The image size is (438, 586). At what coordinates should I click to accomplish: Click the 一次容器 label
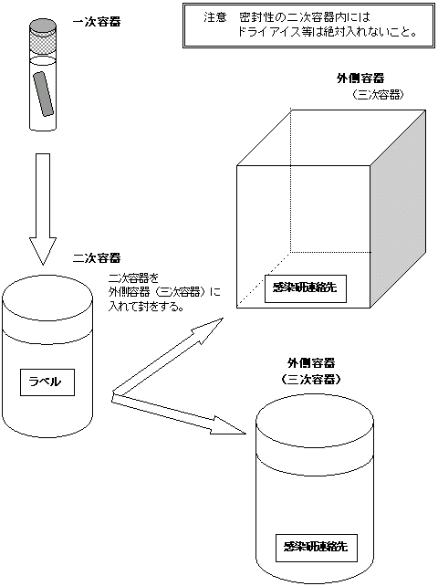click(x=97, y=22)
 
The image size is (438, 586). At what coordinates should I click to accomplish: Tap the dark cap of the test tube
click(x=44, y=27)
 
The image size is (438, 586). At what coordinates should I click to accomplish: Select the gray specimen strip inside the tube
click(x=44, y=93)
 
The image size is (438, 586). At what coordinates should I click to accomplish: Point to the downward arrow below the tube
click(x=43, y=209)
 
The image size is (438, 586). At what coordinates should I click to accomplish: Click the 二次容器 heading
click(x=97, y=258)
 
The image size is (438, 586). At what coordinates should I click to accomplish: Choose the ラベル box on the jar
click(x=47, y=382)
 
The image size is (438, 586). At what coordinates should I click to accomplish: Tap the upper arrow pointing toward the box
click(x=168, y=355)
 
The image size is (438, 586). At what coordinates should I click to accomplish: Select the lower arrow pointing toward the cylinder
click(x=179, y=414)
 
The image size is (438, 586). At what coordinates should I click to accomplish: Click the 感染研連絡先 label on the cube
click(x=306, y=288)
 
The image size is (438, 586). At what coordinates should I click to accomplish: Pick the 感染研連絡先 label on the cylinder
click(x=316, y=548)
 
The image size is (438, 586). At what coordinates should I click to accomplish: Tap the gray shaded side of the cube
click(x=398, y=208)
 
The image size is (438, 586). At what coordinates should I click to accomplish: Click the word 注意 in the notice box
click(x=215, y=17)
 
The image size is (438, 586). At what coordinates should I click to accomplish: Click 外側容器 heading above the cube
click(x=360, y=78)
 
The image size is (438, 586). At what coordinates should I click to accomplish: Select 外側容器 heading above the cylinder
click(x=311, y=362)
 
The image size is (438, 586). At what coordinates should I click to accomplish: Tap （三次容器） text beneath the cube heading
click(x=378, y=95)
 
